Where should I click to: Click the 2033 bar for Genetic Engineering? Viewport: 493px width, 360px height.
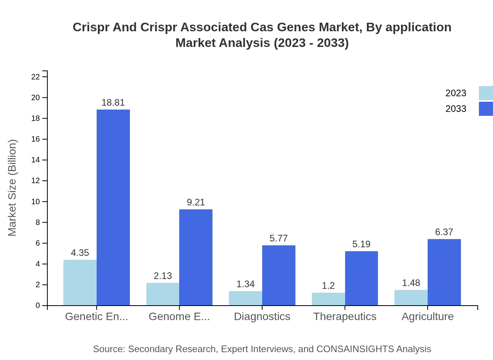click(113, 207)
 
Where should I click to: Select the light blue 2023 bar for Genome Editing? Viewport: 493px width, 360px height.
click(163, 294)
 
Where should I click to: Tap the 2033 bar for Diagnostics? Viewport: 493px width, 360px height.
click(279, 275)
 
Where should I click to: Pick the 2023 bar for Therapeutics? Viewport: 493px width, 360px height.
click(328, 299)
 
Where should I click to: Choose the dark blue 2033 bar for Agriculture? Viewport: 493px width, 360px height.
click(444, 272)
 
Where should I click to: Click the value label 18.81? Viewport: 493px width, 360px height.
click(113, 103)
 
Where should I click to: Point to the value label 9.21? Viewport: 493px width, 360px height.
click(196, 202)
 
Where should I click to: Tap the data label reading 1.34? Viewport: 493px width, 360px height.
click(245, 284)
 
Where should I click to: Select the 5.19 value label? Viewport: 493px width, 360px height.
click(361, 245)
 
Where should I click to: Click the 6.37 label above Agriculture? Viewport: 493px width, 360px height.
click(444, 232)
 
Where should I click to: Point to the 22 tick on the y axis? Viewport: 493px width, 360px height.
click(36, 77)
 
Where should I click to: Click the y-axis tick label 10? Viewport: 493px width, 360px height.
click(36, 202)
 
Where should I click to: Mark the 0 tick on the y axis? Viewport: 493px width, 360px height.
click(38, 306)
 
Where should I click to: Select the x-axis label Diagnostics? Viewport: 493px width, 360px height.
click(262, 317)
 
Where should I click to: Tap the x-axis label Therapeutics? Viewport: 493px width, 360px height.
click(345, 317)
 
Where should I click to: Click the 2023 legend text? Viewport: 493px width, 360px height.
click(456, 93)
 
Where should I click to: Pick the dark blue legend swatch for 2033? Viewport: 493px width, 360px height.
click(486, 109)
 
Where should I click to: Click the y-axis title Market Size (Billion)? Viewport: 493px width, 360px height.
click(13, 188)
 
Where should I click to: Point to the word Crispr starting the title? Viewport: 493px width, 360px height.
click(90, 27)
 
